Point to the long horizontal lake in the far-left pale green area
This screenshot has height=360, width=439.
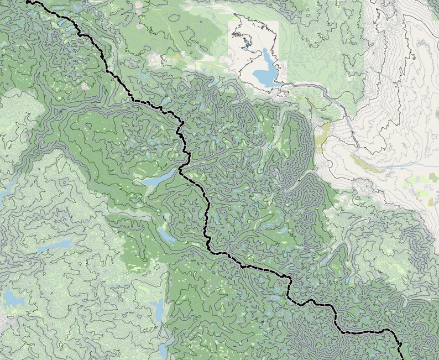click(55, 244)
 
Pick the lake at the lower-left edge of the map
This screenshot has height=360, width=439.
click(13, 299)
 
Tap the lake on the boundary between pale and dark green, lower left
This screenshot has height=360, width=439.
click(159, 310)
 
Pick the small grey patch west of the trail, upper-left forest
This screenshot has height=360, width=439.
click(85, 86)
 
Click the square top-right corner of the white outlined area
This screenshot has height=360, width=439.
click(278, 23)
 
